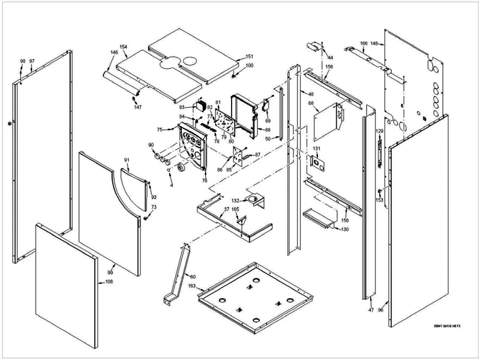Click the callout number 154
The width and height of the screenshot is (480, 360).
click(124, 46)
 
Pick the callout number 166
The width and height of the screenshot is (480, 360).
click(364, 43)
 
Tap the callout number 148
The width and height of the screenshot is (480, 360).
click(374, 43)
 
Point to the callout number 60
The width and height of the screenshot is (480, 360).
click(192, 277)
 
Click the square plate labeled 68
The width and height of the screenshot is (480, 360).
click(328, 121)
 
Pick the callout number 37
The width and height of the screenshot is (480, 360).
click(227, 209)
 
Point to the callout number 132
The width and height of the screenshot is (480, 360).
click(236, 200)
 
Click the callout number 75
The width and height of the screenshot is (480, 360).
click(160, 130)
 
